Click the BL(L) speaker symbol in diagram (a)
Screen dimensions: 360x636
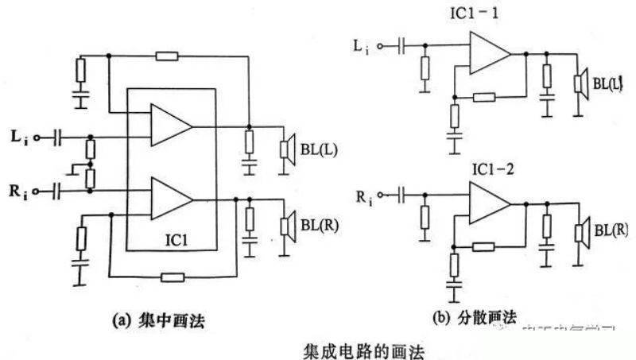pos(285,149)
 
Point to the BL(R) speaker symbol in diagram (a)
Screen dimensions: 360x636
pos(285,224)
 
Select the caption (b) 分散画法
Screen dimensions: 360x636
pos(474,319)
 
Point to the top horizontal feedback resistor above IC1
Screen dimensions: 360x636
pos(167,55)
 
